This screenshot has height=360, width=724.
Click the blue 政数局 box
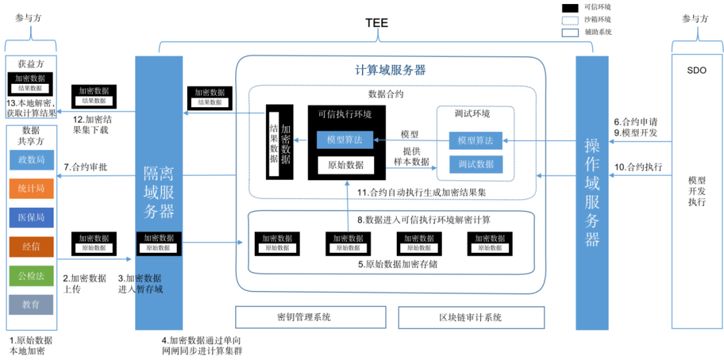[32, 160]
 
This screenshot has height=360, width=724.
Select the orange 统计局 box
[32, 188]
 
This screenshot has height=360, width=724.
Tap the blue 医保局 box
[32, 217]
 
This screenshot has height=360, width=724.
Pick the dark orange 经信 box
[32, 246]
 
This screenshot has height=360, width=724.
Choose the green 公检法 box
[32, 276]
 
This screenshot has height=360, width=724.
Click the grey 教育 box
[32, 304]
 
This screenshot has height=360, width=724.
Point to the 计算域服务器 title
[389, 70]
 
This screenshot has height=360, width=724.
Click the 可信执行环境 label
[345, 115]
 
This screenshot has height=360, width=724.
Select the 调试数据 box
[476, 164]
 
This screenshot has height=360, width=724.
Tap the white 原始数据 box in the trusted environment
[346, 165]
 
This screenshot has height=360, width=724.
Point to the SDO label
[697, 70]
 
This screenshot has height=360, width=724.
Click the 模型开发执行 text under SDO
[697, 191]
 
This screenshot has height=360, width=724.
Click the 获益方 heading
[31, 64]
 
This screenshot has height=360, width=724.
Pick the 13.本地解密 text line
[31, 103]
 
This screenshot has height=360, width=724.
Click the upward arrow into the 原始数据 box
[347, 201]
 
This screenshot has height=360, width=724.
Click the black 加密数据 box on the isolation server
[159, 243]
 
